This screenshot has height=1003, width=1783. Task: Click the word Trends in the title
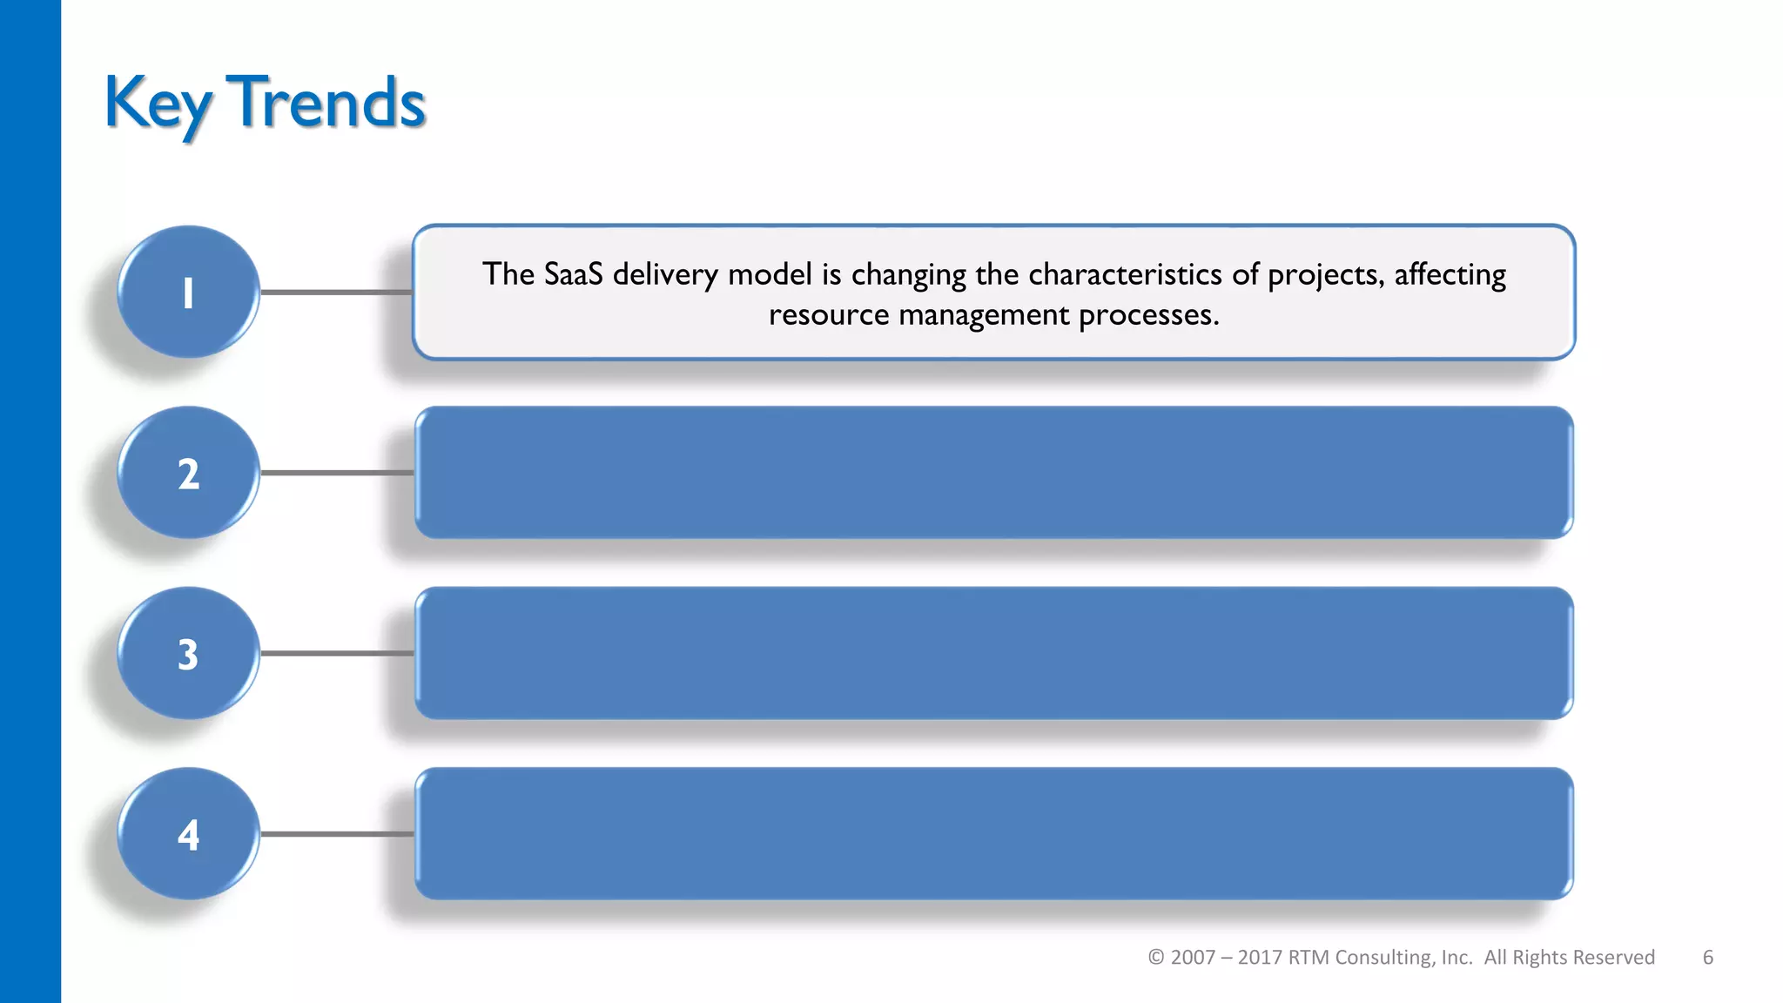coord(326,103)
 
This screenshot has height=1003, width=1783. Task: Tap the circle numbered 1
coord(188,293)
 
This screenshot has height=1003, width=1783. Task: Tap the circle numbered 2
coord(188,473)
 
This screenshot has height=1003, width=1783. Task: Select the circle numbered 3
coord(188,653)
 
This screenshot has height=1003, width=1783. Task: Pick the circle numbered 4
coord(188,834)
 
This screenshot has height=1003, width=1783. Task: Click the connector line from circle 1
coord(336,293)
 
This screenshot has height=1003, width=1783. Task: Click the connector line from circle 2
coord(336,473)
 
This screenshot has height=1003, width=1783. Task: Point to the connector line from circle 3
coord(336,653)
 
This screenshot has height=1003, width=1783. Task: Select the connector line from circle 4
coord(336,834)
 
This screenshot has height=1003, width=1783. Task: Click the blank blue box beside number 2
coord(993,473)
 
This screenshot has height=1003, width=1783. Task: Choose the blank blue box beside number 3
coord(993,653)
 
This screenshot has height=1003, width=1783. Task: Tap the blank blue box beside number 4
coord(993,834)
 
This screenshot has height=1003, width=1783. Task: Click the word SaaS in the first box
coord(573,274)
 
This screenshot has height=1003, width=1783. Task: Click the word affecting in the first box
coord(1450,275)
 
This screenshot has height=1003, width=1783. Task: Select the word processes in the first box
coord(1148,315)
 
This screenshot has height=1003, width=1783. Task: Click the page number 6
coord(1707,958)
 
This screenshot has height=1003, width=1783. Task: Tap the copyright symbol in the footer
coord(1155,958)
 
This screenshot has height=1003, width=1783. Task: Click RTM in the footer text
coord(1308,958)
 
